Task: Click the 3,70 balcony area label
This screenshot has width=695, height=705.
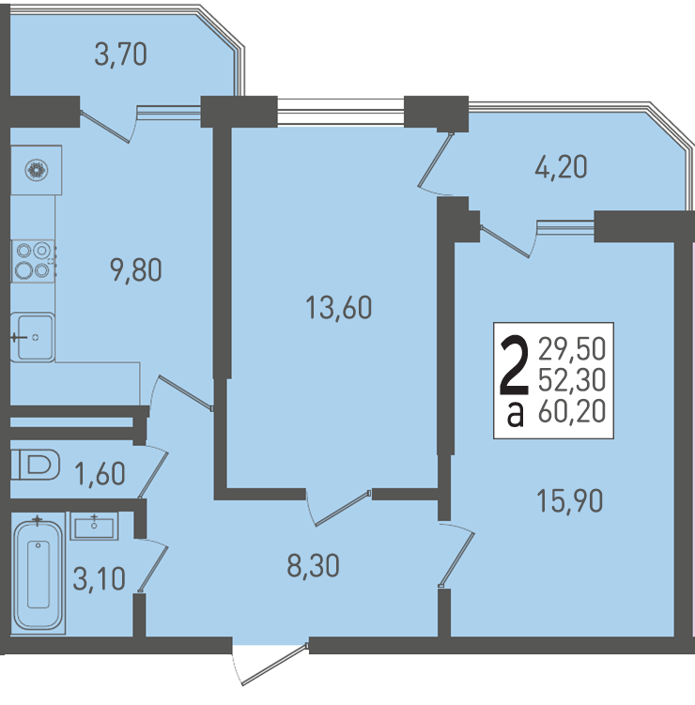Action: click(120, 54)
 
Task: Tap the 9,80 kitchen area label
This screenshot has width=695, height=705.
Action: click(136, 270)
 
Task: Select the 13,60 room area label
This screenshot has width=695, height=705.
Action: click(339, 308)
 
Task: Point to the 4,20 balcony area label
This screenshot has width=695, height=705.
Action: click(561, 167)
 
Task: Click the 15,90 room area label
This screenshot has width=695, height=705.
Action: click(570, 501)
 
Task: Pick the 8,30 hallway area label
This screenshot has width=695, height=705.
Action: click(313, 565)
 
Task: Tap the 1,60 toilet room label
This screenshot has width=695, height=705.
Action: click(100, 474)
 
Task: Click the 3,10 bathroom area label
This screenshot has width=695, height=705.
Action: click(99, 578)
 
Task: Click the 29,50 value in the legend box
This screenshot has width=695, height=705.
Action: click(572, 349)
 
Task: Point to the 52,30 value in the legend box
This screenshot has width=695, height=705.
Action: click(572, 380)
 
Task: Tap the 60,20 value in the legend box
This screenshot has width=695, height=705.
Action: click(572, 411)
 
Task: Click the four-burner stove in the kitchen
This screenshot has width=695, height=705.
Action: click(33, 261)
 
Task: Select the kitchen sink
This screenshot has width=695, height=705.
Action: click(32, 337)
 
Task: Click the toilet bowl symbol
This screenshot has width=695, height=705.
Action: click(36, 465)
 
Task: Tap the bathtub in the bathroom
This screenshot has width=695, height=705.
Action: click(39, 575)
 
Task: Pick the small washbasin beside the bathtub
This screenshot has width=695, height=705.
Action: click(94, 526)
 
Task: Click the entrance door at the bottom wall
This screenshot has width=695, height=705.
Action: click(270, 666)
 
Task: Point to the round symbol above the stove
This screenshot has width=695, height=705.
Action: click(37, 171)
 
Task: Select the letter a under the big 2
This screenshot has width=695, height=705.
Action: click(515, 415)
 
